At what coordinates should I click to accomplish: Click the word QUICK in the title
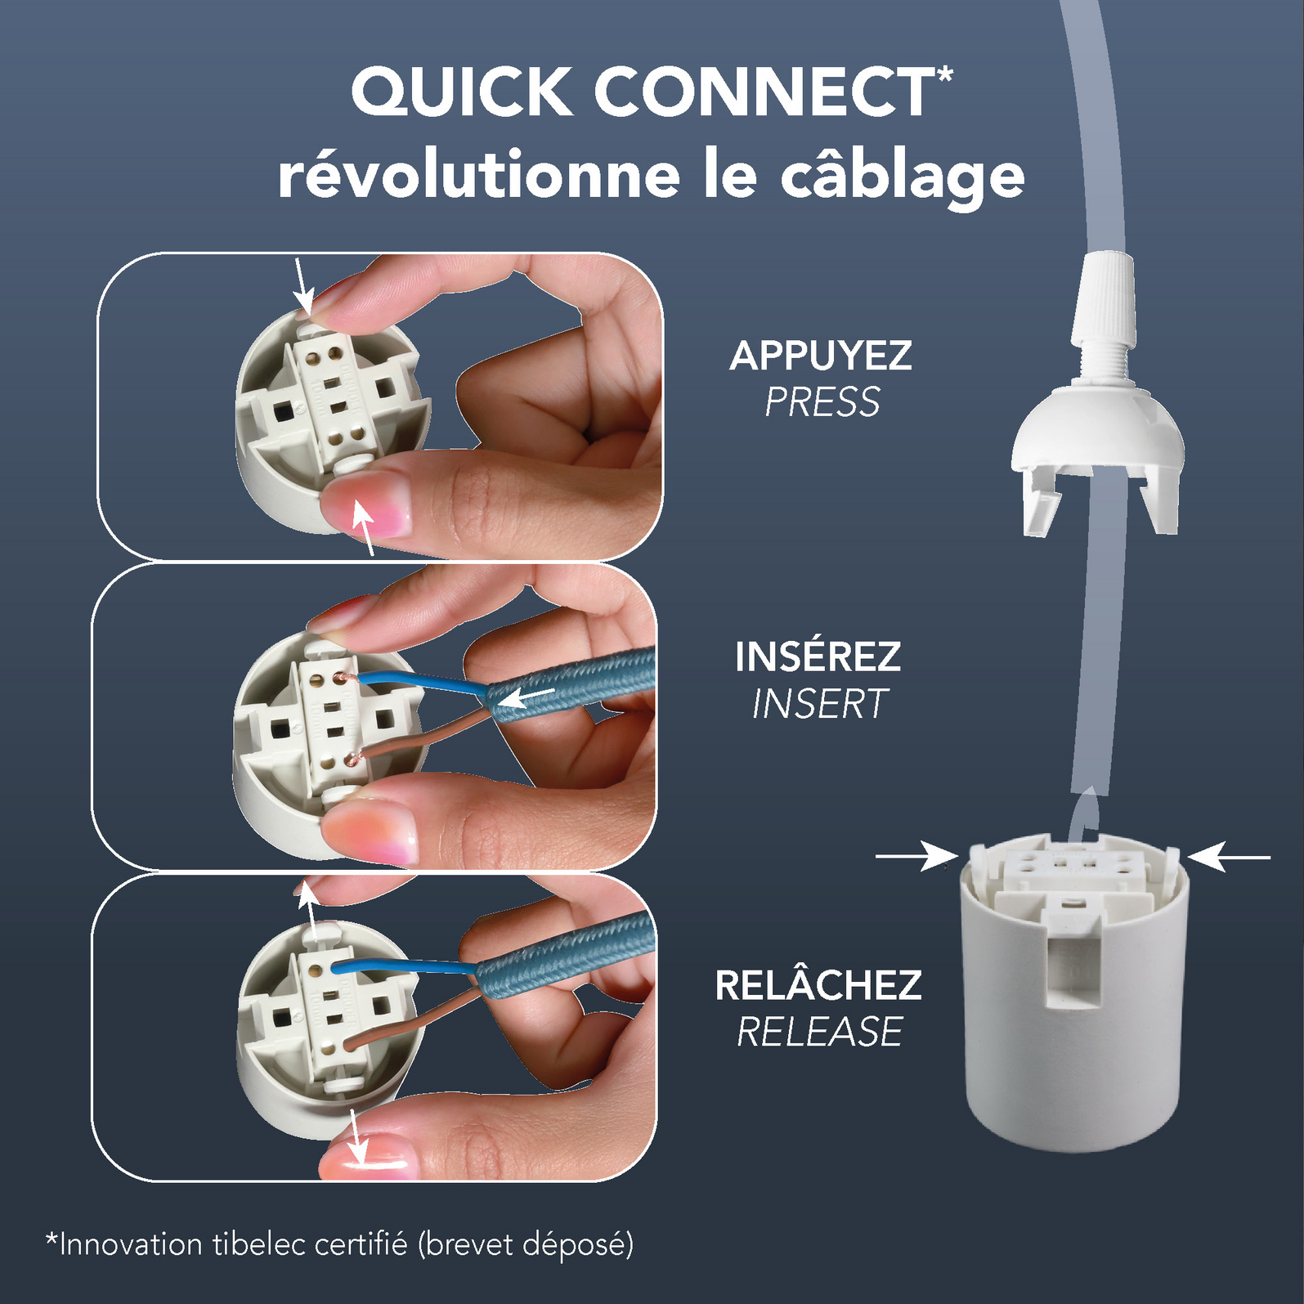(x=462, y=92)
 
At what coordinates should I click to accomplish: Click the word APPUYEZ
(x=820, y=356)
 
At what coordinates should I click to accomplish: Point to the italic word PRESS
(x=822, y=402)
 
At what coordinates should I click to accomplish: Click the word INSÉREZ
(x=818, y=656)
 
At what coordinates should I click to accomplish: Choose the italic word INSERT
(x=819, y=704)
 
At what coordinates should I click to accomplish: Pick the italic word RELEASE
(x=819, y=1032)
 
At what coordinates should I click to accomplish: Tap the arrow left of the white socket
(x=916, y=856)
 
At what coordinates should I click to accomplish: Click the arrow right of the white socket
(x=1229, y=857)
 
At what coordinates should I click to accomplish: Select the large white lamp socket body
(x=1073, y=993)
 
